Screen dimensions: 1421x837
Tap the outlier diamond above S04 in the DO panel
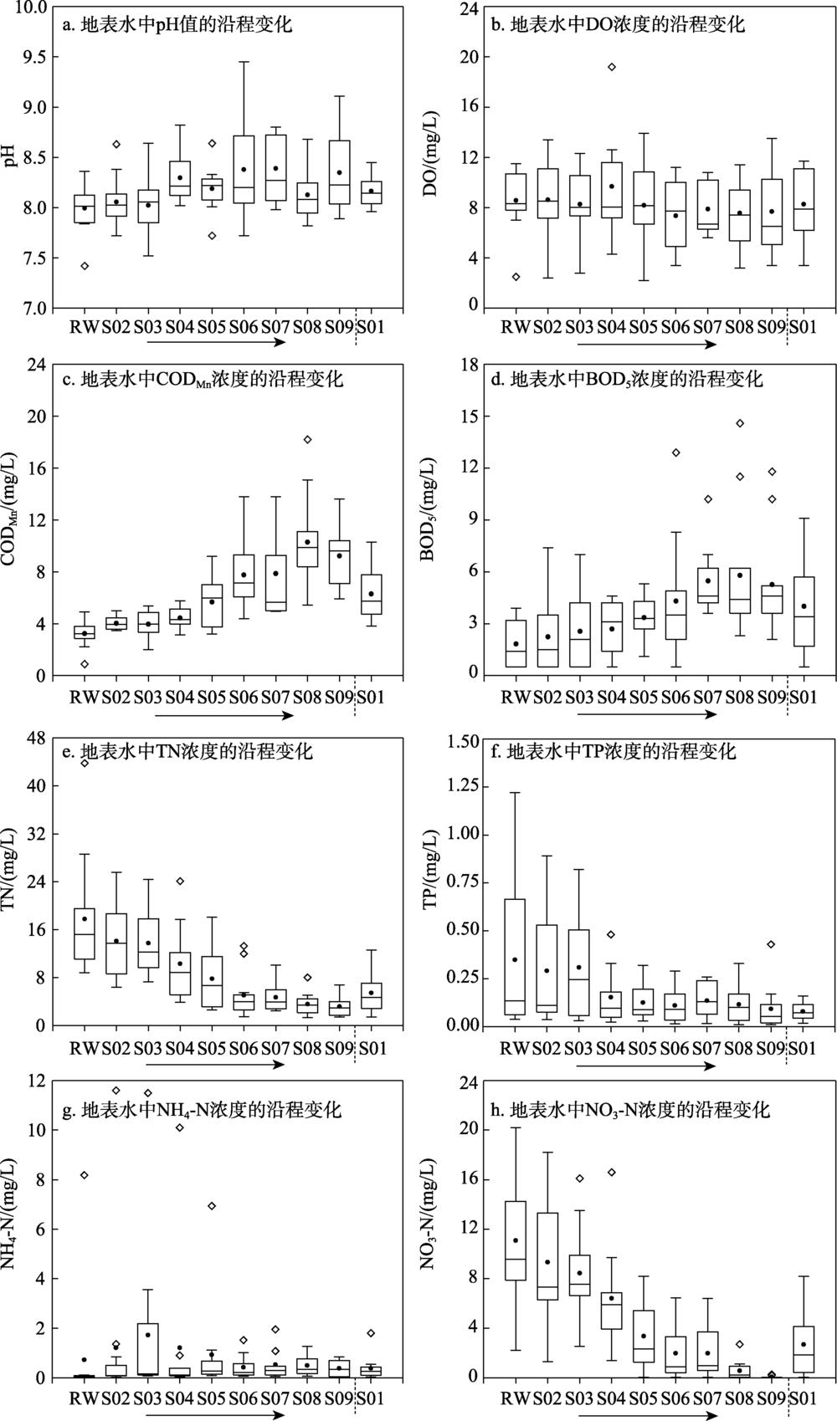[611, 67]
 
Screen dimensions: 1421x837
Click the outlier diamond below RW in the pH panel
[84, 266]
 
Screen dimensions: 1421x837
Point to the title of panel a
[177, 24]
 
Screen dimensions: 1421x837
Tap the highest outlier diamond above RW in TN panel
[84, 763]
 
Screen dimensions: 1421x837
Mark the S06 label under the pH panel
[244, 326]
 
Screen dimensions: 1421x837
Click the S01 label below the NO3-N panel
[804, 1396]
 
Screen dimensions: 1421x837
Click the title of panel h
[629, 1111]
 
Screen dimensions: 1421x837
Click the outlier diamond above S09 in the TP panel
[771, 944]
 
